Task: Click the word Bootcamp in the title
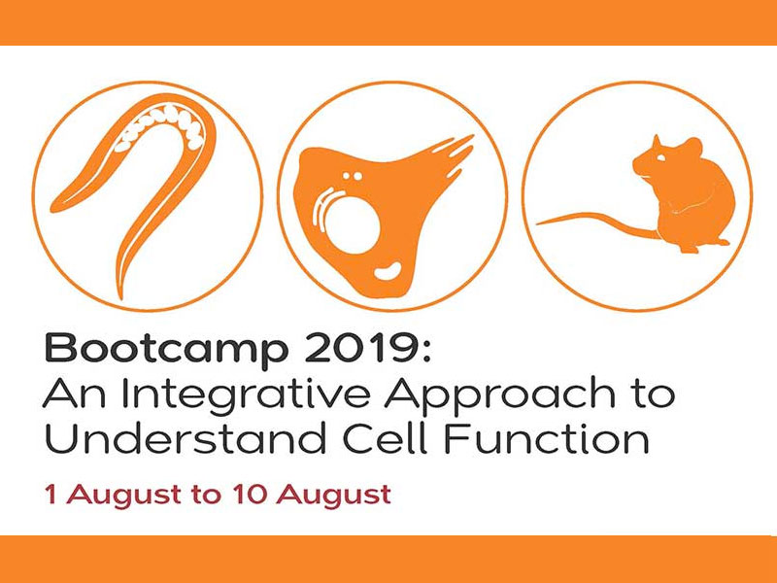166,351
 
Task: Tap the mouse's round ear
692,148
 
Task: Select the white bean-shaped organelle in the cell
388,271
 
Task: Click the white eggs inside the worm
162,125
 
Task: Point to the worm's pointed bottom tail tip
120,296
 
